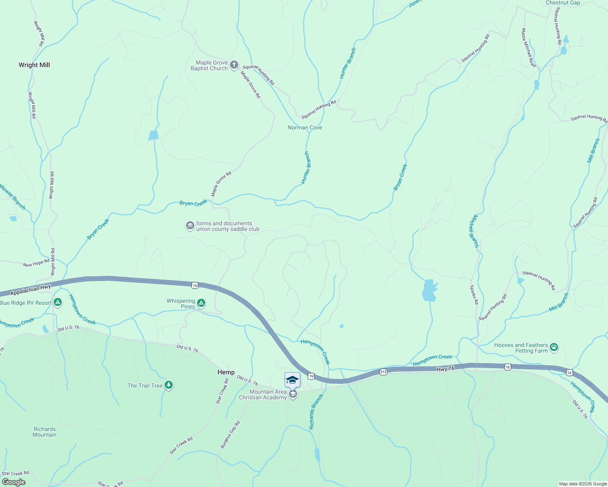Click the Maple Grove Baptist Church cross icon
[234, 65]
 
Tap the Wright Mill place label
[34, 65]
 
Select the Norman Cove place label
[305, 127]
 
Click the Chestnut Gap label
[562, 3]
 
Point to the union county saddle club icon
[190, 226]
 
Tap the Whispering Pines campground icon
[201, 303]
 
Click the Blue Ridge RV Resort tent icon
[58, 302]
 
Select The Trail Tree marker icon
[169, 385]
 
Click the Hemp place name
[226, 372]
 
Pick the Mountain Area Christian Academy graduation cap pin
[292, 380]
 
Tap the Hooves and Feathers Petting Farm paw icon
[554, 347]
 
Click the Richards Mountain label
[45, 432]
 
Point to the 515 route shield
[383, 371]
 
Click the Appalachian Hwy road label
[30, 290]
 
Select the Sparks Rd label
[474, 295]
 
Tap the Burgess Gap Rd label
[230, 435]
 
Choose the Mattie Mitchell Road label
[529, 48]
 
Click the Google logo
[13, 482]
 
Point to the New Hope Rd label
[36, 263]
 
